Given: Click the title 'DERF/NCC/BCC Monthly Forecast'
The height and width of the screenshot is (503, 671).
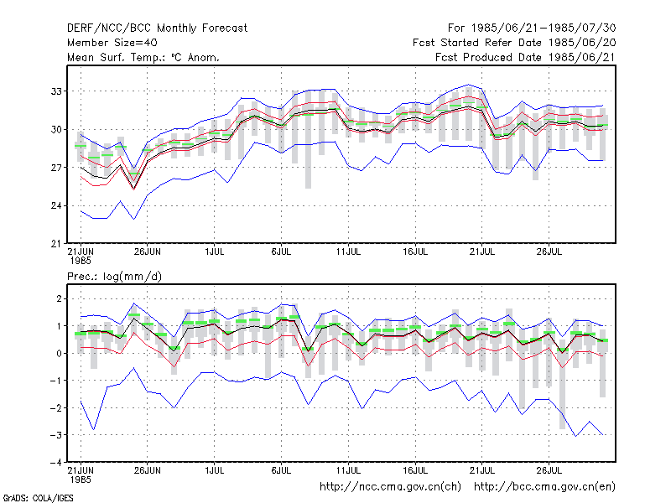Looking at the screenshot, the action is [157, 29].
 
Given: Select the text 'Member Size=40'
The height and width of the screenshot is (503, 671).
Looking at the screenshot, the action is [112, 43].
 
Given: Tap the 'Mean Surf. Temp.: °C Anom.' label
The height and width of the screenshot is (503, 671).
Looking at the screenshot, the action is [143, 57].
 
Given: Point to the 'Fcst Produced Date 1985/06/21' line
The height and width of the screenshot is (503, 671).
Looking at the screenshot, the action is [525, 57].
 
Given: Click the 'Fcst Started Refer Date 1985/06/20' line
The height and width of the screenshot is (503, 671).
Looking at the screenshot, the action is [514, 43].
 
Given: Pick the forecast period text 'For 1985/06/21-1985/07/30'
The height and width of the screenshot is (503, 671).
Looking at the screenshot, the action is [532, 29].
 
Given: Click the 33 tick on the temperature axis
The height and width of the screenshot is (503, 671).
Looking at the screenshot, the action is [56, 91].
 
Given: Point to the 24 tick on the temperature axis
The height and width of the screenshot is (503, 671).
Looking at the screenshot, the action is [56, 205].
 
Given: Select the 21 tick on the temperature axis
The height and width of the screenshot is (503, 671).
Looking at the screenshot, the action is [56, 244].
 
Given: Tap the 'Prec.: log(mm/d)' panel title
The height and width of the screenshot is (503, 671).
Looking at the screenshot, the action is [114, 277].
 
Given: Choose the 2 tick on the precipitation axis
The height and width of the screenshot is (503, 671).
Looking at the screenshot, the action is [59, 298].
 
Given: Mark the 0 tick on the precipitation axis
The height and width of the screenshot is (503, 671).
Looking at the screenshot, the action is [59, 353].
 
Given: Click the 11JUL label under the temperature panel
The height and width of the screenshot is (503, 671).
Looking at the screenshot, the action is [348, 252].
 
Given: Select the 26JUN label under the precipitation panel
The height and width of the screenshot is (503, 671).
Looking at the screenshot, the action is [148, 470].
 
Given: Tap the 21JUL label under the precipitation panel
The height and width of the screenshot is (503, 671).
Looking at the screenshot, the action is [482, 470].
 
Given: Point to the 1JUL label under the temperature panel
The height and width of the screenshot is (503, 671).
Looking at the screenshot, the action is [215, 252].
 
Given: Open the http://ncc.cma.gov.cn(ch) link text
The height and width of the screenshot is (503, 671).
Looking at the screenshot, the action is [390, 487].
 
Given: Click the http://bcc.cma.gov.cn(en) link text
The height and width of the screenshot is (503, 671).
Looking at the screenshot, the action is [544, 487].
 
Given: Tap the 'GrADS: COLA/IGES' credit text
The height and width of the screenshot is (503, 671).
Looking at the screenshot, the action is [38, 498].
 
